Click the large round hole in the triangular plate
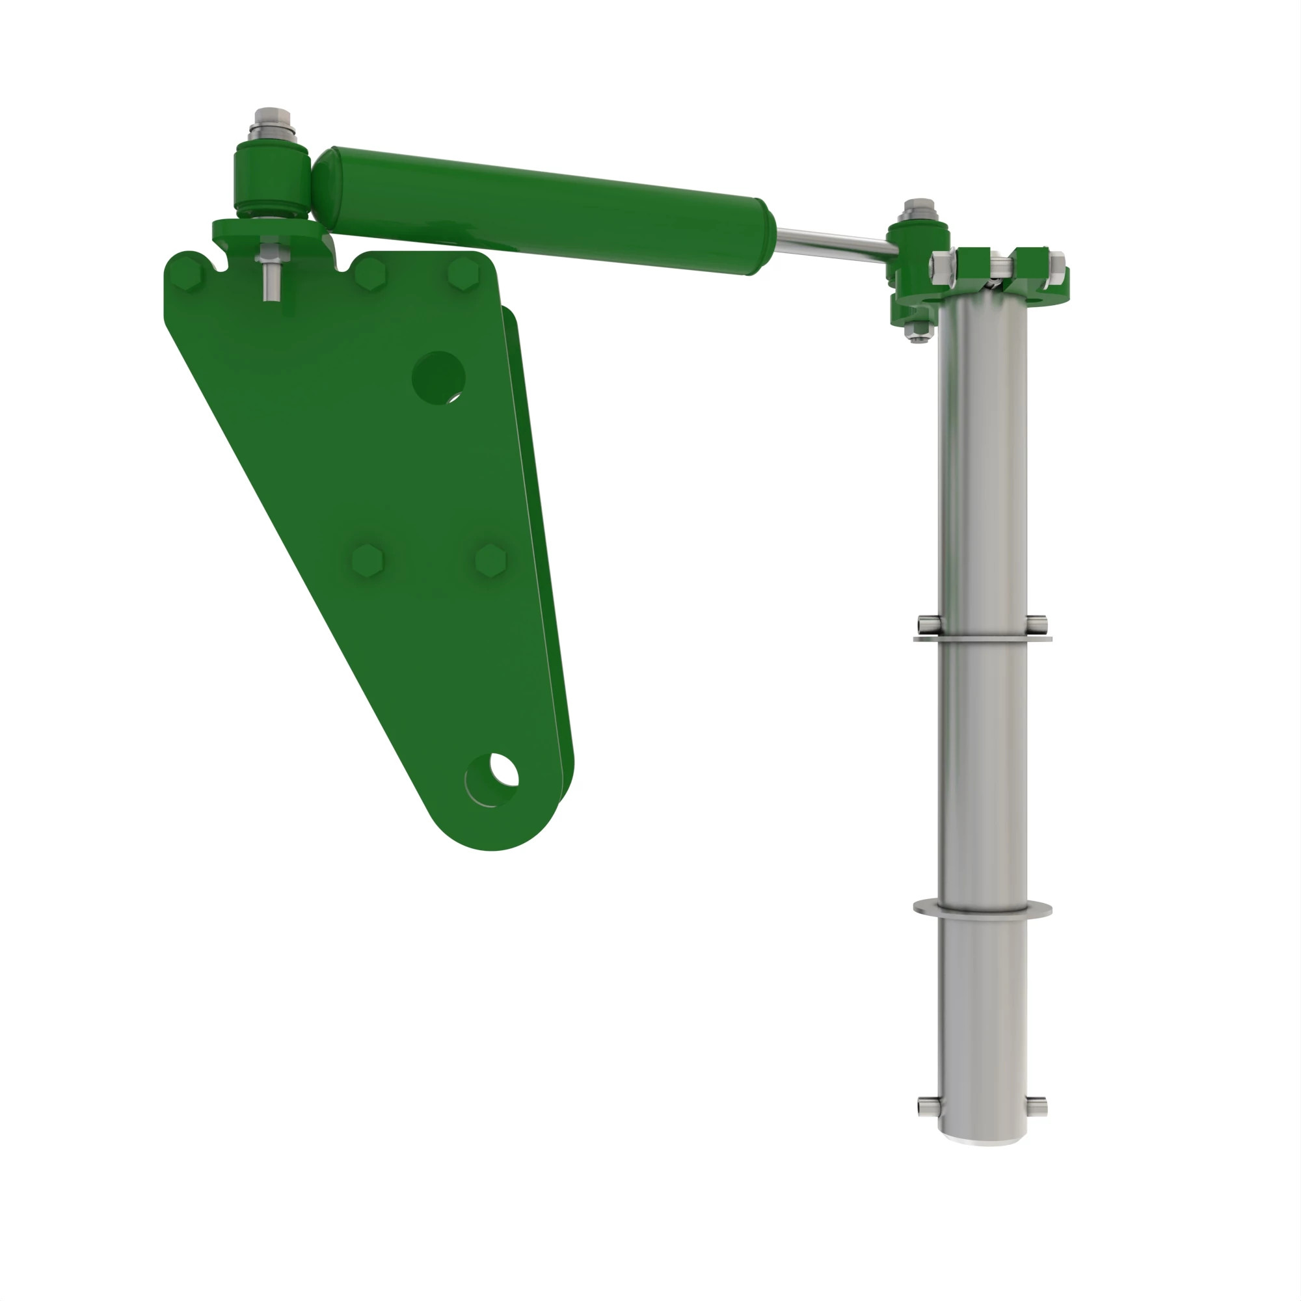click(x=438, y=378)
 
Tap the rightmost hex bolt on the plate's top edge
click(x=463, y=273)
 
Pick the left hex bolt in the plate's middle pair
click(x=368, y=560)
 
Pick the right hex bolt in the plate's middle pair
click(x=490, y=560)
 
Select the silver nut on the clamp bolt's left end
click(x=939, y=267)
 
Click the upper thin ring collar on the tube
click(x=982, y=637)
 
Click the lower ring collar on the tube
click(x=982, y=910)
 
